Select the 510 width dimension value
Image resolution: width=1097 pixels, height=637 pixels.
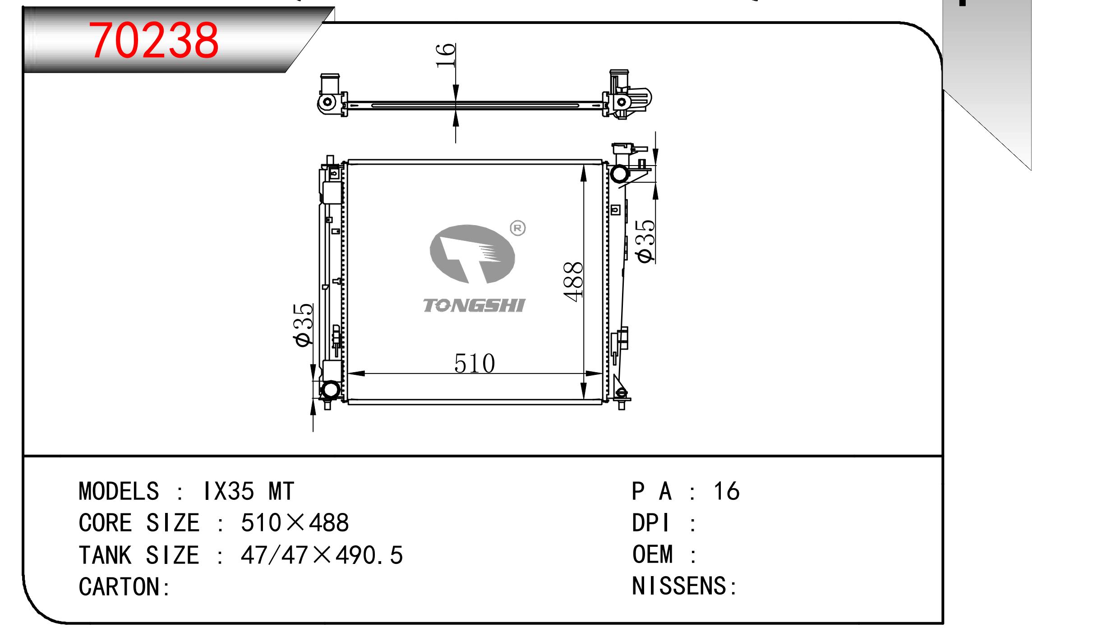[x=475, y=364]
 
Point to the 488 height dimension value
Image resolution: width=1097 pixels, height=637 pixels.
[x=573, y=282]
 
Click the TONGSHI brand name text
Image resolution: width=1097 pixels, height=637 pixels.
[x=474, y=305]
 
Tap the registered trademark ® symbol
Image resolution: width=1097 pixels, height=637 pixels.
[x=517, y=229]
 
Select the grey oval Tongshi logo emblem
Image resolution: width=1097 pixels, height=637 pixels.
[x=472, y=254]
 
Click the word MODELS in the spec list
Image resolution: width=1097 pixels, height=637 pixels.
[x=119, y=491]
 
